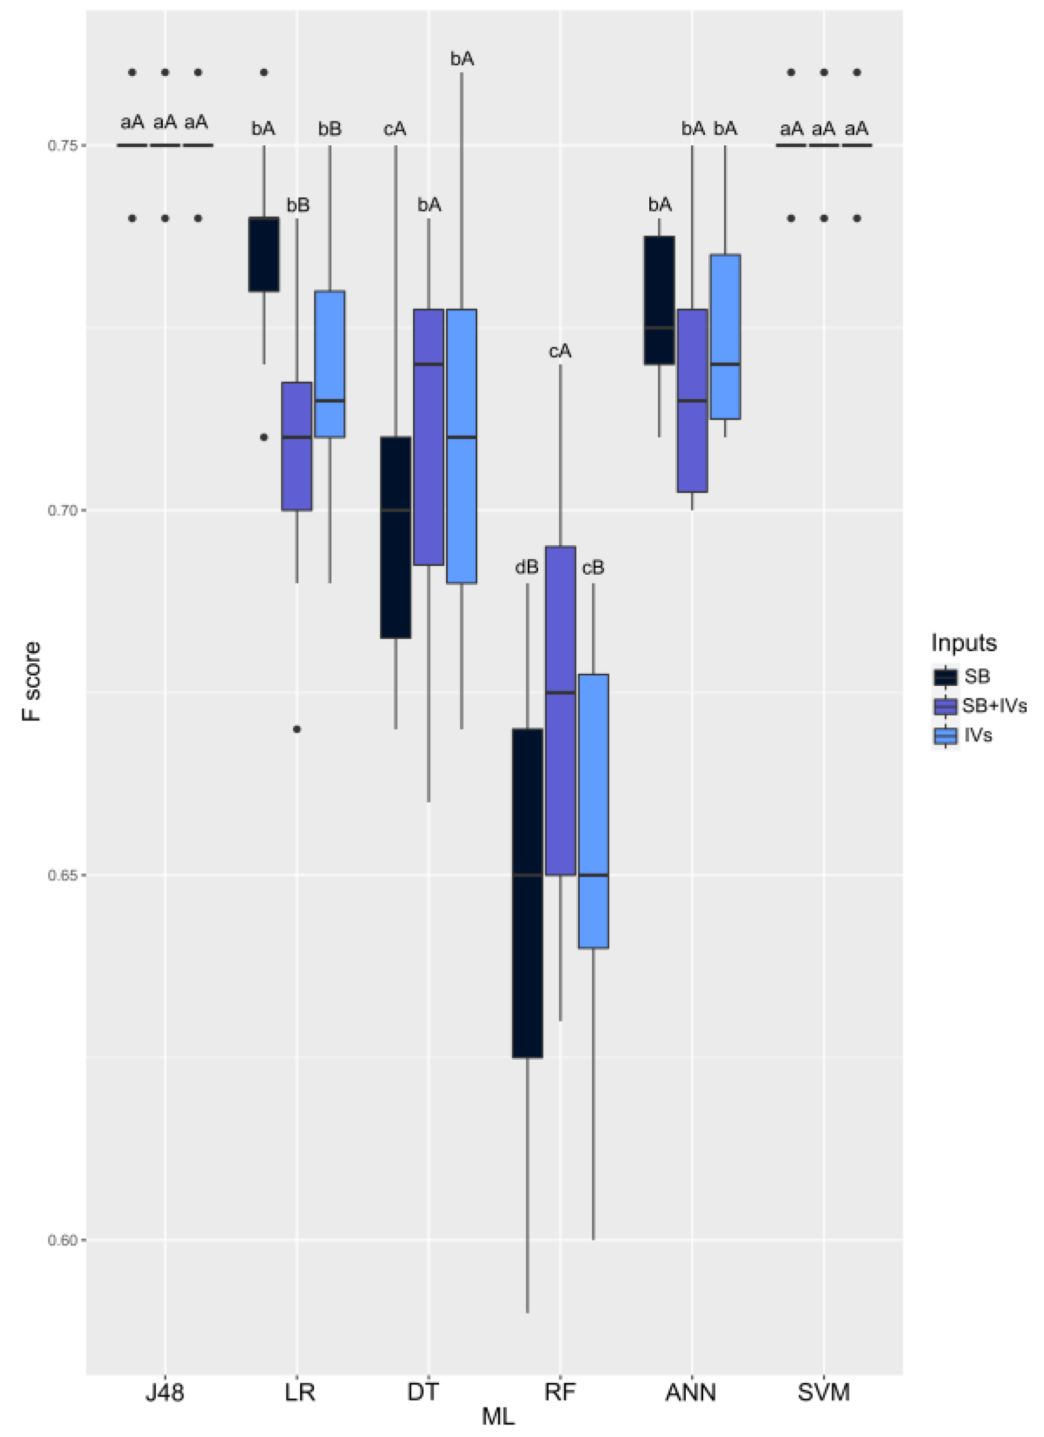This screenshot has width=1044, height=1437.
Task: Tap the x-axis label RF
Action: coord(560,1392)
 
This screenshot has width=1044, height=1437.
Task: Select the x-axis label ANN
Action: coord(691,1392)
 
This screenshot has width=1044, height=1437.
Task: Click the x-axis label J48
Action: coord(165,1392)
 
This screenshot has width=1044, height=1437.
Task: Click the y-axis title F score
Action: coord(31,682)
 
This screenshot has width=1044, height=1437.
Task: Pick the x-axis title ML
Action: coord(498,1417)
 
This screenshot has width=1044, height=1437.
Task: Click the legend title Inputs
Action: coord(964,643)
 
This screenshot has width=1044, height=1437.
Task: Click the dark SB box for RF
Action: coord(528,894)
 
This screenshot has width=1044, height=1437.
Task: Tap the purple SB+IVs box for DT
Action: coord(429,437)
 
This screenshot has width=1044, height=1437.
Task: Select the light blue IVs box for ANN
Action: coord(725,336)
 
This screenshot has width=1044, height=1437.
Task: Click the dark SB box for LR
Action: coord(263,255)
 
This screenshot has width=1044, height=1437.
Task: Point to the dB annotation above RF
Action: coord(527,567)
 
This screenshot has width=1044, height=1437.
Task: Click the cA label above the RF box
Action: coord(560,351)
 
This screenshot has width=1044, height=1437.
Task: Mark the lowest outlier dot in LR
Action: coord(297,729)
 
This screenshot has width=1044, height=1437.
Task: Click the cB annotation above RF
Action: coord(593,568)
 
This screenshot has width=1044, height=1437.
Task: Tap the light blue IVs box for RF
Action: coord(594,811)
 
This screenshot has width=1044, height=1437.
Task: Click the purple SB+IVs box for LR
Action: coord(297,446)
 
